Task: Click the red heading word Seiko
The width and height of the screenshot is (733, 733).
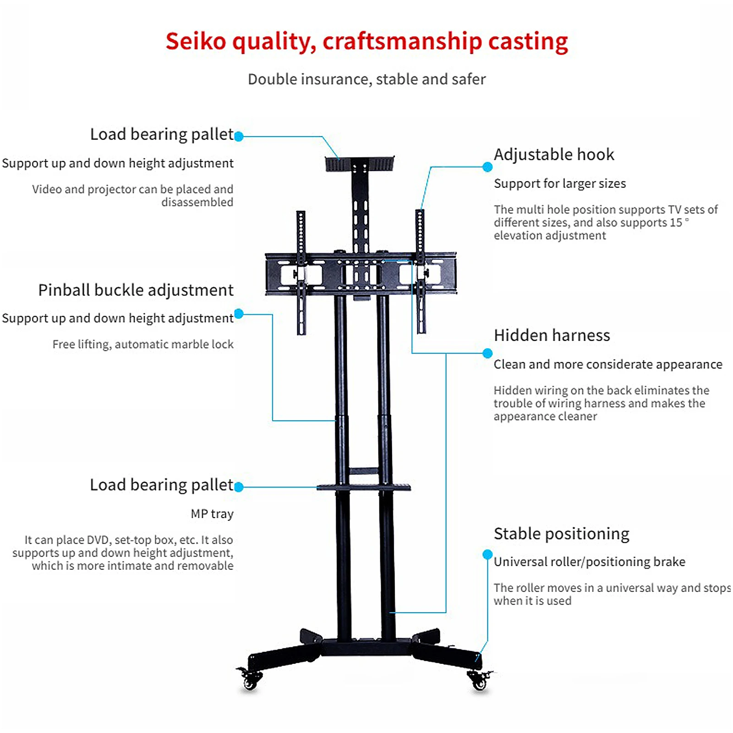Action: [x=196, y=41]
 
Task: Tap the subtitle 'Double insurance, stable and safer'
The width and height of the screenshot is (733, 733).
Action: [x=366, y=79]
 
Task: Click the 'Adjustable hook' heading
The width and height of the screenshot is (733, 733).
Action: [x=553, y=154]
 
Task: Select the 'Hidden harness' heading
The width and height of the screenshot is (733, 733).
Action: [x=552, y=335]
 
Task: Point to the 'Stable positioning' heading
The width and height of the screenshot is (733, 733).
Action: [x=561, y=534]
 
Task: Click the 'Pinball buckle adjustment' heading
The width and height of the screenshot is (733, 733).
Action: [x=136, y=290]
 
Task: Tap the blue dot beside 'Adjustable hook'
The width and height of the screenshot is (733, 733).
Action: [x=487, y=167]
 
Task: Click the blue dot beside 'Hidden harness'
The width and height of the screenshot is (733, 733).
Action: [x=487, y=353]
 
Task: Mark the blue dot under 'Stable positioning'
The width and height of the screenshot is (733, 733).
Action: [x=487, y=555]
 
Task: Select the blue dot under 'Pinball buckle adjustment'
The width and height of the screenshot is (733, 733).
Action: [x=239, y=314]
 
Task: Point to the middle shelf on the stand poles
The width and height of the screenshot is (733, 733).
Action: [x=363, y=487]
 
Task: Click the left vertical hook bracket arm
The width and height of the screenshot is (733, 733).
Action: [x=301, y=273]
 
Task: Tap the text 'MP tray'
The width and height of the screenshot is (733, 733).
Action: [x=212, y=514]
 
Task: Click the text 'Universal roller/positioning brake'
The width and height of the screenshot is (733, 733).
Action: [x=589, y=562]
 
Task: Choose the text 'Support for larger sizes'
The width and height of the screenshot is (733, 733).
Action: [x=559, y=184]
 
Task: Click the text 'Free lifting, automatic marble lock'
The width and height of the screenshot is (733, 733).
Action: [x=143, y=345]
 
